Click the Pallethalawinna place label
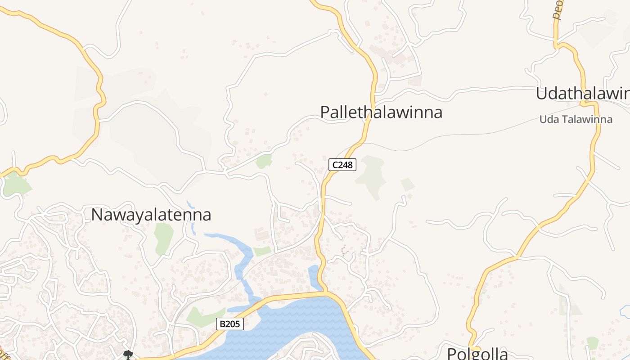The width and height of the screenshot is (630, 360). click(x=381, y=112)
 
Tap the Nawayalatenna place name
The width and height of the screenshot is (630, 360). click(x=151, y=215)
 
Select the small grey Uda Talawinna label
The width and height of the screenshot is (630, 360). click(x=576, y=120)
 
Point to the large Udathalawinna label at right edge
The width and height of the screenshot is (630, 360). click(x=582, y=94)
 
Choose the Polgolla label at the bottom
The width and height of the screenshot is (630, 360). click(x=477, y=353)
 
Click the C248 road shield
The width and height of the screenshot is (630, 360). click(x=342, y=165)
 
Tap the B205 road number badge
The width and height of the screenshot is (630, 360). click(x=229, y=324)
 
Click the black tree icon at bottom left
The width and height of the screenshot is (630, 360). click(x=128, y=355)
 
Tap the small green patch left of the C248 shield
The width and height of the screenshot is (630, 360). click(x=264, y=161)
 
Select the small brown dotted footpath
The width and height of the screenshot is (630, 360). click(x=344, y=251)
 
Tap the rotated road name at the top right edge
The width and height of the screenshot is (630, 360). click(x=558, y=10)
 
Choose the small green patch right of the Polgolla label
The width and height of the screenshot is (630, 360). click(x=593, y=342)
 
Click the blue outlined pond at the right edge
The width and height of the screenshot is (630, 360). click(x=625, y=310)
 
